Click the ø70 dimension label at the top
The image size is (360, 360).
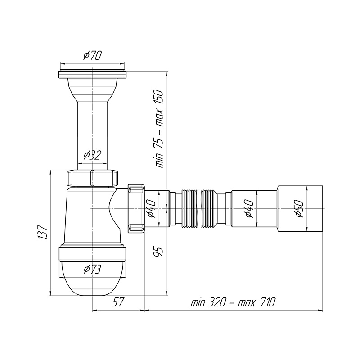point(92,55)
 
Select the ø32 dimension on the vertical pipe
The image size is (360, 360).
point(92,155)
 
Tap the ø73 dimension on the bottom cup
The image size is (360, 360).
point(92,269)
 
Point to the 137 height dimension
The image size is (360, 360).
point(43,232)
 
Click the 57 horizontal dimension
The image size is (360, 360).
point(118,302)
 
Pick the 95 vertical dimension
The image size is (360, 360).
point(159,252)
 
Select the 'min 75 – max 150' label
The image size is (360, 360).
point(159,129)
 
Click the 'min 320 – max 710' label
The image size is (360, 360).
point(233,302)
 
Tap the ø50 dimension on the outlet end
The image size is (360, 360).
point(300,209)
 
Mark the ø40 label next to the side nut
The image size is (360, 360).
point(152,209)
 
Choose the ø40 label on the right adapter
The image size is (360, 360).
point(249,209)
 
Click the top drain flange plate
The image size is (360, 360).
point(92,75)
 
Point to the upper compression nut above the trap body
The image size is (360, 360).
point(92,178)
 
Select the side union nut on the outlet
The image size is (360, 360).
point(136,208)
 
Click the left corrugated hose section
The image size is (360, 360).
point(189,208)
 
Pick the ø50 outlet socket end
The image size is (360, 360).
point(300,208)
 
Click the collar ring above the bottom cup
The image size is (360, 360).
point(92,254)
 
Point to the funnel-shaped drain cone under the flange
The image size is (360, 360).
point(92,90)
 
